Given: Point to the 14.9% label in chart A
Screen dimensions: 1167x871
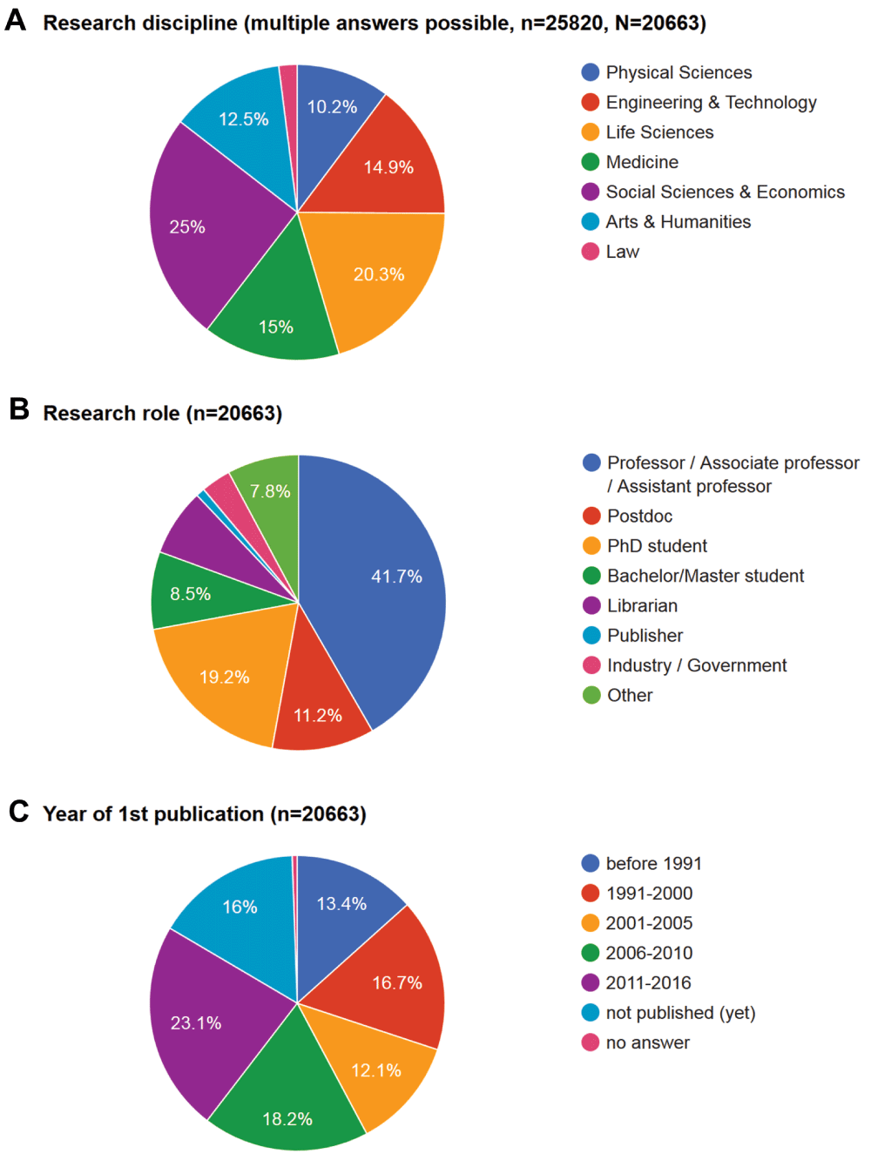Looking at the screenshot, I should click(x=388, y=167).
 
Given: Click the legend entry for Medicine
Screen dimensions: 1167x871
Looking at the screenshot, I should click(x=642, y=162).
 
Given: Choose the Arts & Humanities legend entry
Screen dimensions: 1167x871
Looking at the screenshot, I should click(x=678, y=222).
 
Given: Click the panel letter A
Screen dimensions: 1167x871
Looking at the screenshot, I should click(x=16, y=19).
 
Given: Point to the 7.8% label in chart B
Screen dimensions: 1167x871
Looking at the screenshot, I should click(x=270, y=491).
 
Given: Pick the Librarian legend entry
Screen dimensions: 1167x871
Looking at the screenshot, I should click(x=642, y=606).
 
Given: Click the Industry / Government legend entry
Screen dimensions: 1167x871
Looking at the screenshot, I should click(x=696, y=665).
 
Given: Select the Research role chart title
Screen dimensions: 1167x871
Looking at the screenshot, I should click(x=162, y=413).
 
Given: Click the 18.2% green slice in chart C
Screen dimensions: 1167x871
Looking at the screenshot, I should click(x=287, y=1106).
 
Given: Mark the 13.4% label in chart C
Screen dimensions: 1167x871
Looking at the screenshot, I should click(x=341, y=904).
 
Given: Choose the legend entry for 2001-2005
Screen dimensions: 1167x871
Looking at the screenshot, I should click(x=649, y=923).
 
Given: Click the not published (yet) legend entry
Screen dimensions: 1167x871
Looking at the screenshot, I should click(x=680, y=1013).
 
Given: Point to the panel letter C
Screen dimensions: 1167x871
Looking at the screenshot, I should click(x=18, y=812).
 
